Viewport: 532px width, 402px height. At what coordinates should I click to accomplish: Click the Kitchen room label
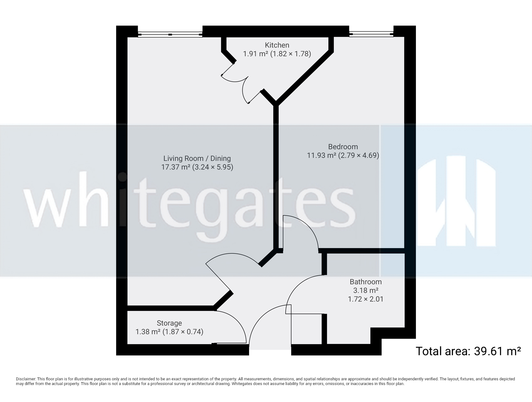coord(277,45)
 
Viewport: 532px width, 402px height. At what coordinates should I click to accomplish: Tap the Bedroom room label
coord(343,147)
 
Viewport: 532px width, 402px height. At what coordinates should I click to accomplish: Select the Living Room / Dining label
coord(197,159)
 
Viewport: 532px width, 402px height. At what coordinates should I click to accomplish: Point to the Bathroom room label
coord(365,282)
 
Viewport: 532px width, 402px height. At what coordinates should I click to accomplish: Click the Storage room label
coord(169,323)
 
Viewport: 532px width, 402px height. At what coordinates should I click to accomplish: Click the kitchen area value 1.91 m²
coord(255,54)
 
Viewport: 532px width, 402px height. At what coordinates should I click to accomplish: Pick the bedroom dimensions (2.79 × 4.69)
coord(359,155)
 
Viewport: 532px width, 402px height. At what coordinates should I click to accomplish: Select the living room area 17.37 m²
coord(176,167)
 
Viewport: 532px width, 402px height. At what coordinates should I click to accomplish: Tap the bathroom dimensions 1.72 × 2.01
coord(365,299)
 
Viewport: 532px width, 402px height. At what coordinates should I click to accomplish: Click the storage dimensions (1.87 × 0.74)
coord(183,332)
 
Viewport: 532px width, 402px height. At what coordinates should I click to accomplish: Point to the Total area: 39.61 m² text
coord(468,351)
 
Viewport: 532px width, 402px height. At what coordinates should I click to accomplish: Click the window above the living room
coord(170,34)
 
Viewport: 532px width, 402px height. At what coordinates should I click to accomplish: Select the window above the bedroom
coord(371,34)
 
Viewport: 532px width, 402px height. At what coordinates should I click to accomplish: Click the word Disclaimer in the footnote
coord(25,379)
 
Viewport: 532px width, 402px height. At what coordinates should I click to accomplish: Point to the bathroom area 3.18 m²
coord(365,290)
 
